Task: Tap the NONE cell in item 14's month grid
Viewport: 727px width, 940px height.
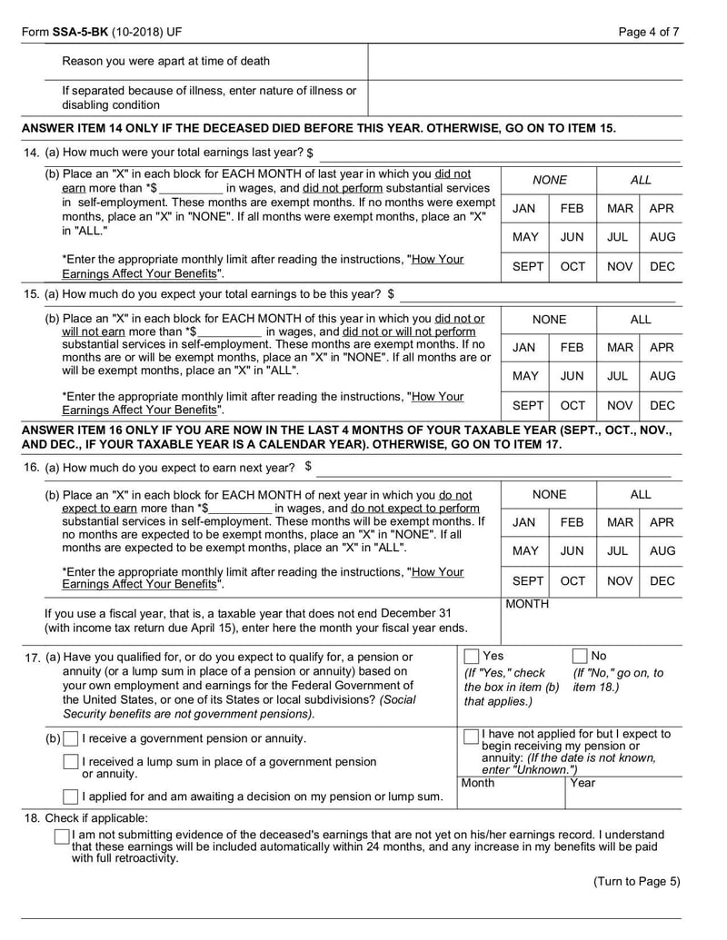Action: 549,180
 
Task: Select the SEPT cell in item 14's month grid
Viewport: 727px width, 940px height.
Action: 525,266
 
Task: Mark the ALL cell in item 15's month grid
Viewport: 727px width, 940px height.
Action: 641,320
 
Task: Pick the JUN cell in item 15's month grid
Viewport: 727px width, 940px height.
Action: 573,376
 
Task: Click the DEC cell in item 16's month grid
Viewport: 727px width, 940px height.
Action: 663,579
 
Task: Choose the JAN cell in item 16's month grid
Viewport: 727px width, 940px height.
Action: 524,523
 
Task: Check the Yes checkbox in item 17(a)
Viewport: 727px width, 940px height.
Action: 472,656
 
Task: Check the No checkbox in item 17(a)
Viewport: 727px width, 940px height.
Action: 580,656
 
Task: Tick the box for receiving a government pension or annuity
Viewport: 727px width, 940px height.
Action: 71,739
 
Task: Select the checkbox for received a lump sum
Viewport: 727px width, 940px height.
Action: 71,762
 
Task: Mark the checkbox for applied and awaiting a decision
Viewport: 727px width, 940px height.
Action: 71,797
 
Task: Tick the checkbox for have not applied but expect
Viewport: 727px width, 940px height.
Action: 471,736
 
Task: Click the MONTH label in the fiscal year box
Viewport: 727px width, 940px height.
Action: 527,604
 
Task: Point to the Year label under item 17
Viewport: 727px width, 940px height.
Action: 583,783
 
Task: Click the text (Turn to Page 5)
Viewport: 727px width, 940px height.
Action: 636,881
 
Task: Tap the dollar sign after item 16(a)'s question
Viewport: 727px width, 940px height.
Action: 309,467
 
